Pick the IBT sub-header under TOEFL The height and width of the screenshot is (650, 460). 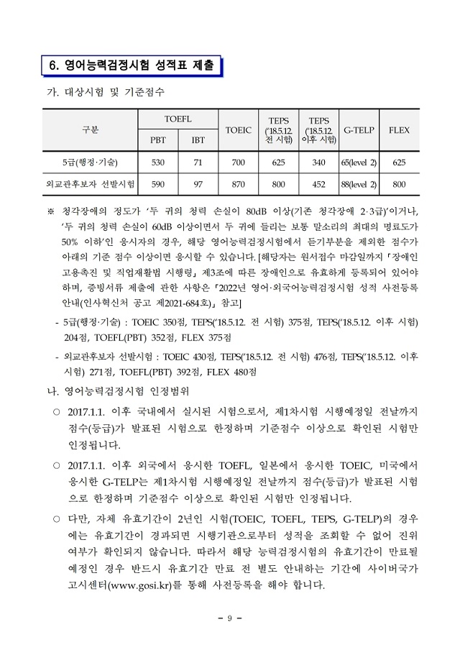pos(197,140)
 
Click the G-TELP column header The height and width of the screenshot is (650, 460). pos(358,130)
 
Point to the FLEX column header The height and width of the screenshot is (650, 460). pos(399,130)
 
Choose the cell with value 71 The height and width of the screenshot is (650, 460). pos(197,162)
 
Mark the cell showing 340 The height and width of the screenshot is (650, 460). pos(318,162)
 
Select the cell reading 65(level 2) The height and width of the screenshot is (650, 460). pos(358,162)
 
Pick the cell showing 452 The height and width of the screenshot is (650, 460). pos(318,184)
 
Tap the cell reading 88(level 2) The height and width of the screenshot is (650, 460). pos(358,184)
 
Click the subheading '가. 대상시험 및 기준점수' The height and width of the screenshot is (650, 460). pos(105,92)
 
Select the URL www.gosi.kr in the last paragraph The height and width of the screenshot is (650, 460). pos(141,585)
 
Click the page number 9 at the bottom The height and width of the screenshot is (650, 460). pos(230,618)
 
